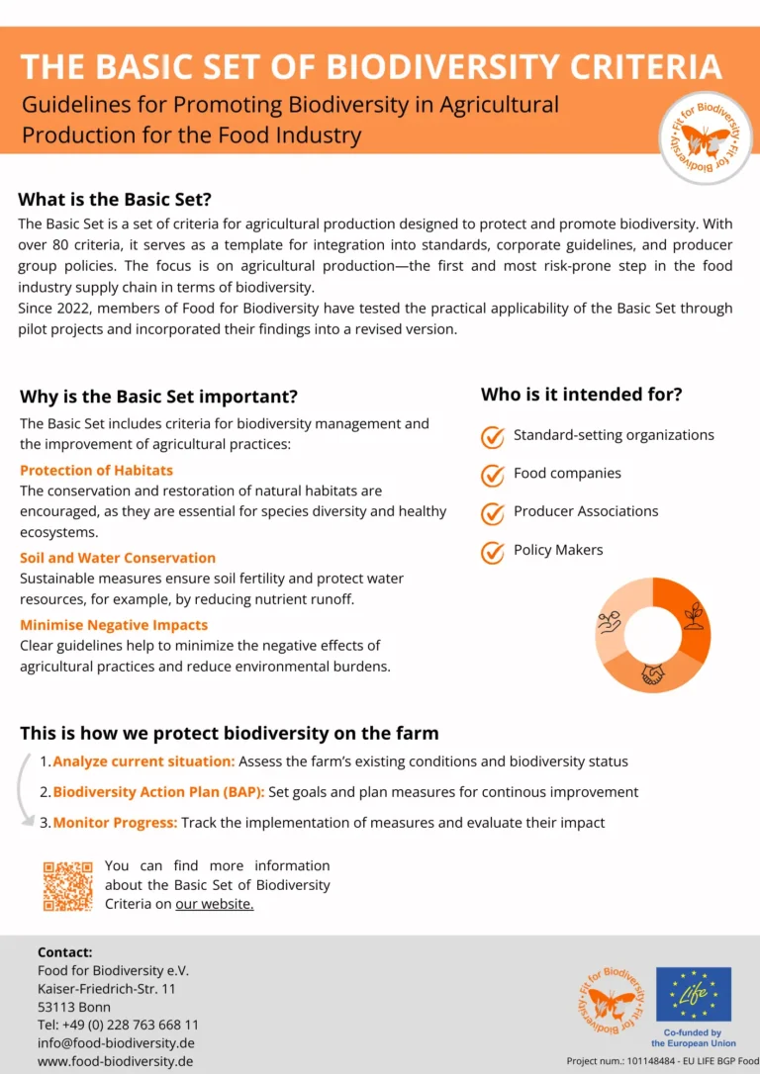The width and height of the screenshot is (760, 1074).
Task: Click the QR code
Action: coord(67,886)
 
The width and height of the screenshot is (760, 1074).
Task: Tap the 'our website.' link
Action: coord(215,904)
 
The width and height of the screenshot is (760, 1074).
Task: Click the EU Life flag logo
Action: coord(694,994)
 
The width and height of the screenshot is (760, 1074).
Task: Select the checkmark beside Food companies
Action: coord(493,475)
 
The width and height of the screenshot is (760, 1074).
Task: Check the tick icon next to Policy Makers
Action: coord(493,552)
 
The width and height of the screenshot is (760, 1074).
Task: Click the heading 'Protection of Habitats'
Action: coord(96,471)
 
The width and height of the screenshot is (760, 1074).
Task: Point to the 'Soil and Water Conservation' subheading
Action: coord(118,558)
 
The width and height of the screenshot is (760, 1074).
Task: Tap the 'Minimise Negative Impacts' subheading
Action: coord(114,625)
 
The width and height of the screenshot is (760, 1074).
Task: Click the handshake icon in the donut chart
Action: coord(652,673)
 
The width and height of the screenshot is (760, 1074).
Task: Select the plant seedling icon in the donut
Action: coord(694,613)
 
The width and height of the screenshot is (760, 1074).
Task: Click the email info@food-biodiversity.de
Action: coord(116,1042)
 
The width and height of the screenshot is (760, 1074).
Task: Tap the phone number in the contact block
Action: coord(118,1025)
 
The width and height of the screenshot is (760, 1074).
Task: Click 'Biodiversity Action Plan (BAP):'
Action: coord(158,792)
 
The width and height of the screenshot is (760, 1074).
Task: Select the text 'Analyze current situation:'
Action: coord(143,761)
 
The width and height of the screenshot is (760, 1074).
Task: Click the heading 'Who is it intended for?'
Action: coord(582,395)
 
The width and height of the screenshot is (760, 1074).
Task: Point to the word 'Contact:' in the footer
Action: coord(65,952)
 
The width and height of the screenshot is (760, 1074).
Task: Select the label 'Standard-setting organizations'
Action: coord(614,435)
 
